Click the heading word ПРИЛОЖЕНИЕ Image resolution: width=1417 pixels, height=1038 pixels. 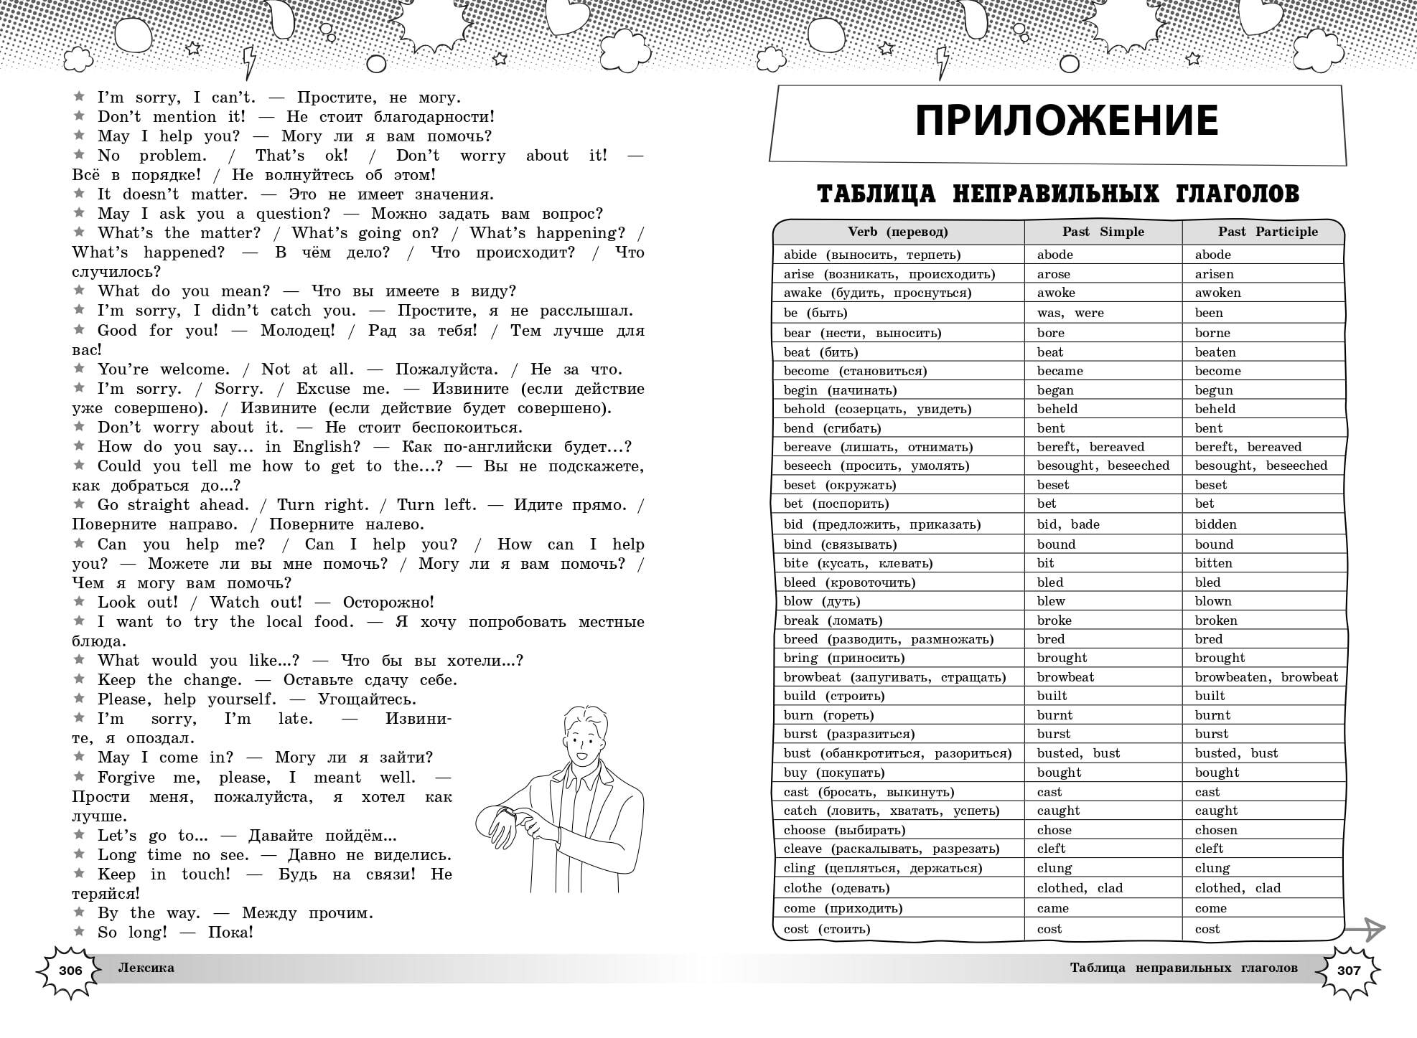coord(1067,121)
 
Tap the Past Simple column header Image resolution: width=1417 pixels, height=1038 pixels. coord(1103,232)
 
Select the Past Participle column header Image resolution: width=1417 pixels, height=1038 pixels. coord(1268,232)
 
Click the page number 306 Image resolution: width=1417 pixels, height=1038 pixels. coord(70,971)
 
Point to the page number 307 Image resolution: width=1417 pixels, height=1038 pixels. coord(1349,970)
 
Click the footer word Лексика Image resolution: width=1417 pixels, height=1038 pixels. coord(146,968)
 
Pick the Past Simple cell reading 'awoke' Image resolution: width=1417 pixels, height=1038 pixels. coord(1056,293)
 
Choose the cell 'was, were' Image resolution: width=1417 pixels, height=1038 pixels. coord(1070,313)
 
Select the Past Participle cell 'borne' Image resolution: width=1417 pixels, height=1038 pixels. coord(1212,333)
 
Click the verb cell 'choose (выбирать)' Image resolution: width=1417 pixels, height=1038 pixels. coord(844,830)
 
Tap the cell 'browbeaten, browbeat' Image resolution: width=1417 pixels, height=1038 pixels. coord(1266,677)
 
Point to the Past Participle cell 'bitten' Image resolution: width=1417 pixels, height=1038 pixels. coord(1213,563)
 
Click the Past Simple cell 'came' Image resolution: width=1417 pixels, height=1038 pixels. coord(1052,908)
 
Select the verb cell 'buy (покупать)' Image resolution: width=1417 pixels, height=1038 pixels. coord(834,773)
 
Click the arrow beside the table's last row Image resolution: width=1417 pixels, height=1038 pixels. coord(1365,929)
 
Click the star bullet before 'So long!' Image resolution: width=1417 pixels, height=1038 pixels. coord(79,931)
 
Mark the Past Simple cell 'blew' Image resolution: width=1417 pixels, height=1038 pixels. coord(1051,601)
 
